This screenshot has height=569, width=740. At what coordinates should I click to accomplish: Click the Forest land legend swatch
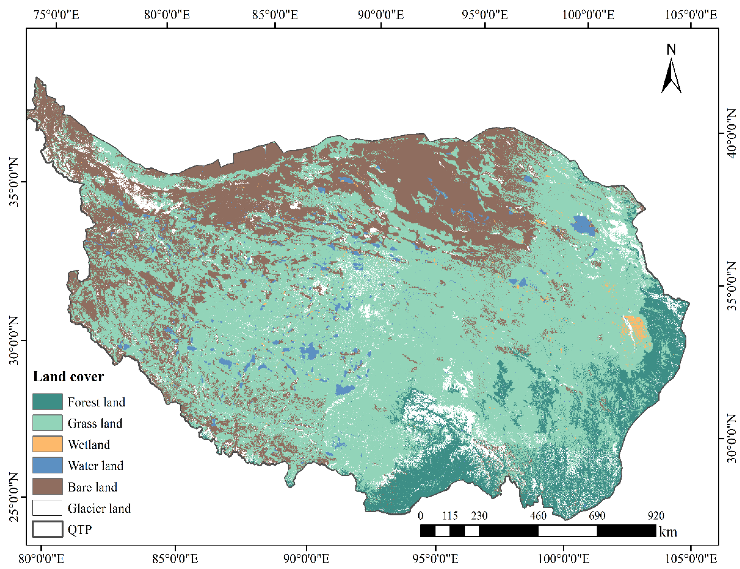(47, 402)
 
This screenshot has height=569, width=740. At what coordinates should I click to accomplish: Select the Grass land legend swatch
(47, 423)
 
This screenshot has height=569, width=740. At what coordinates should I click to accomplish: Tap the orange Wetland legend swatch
(47, 444)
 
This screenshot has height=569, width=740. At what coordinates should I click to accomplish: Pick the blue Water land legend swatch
(47, 465)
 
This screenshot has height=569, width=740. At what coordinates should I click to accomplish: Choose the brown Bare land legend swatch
(47, 487)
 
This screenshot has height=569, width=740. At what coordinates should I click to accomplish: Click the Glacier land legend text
(99, 508)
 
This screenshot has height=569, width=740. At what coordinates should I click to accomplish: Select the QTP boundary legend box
(47, 529)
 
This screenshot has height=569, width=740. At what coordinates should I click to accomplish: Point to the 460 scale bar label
(538, 516)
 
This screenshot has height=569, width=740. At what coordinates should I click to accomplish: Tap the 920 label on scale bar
(656, 516)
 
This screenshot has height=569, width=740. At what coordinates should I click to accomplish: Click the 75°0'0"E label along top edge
(56, 15)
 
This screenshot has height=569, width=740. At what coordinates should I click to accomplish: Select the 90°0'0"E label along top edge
(381, 15)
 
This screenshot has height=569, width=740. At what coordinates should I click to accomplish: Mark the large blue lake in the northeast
(583, 225)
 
